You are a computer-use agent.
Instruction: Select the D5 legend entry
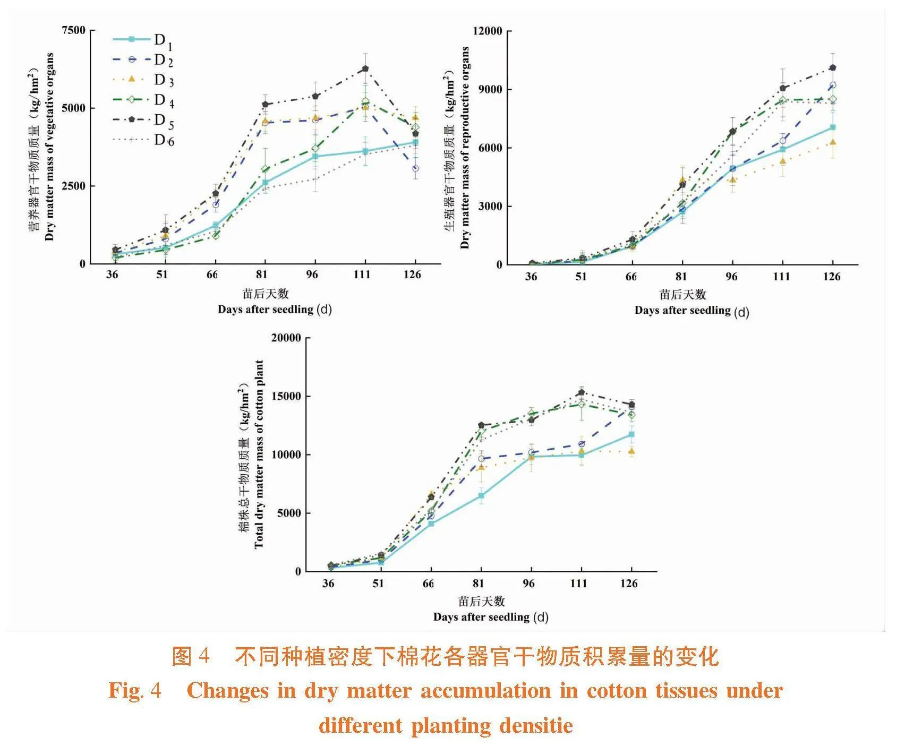143,121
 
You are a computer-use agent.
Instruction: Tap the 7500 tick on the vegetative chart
74,30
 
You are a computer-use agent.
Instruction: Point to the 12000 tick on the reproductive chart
488,31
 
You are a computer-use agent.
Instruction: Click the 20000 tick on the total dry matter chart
286,338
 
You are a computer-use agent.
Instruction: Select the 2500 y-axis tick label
74,186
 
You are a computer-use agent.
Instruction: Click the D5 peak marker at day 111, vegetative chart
365,69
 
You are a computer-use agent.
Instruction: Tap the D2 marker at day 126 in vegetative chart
415,168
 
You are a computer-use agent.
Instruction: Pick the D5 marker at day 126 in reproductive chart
833,67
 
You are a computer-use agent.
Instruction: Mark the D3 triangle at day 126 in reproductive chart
833,142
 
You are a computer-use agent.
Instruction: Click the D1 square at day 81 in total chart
481,495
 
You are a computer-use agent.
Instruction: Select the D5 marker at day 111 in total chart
582,392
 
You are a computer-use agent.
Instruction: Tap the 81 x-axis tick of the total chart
479,584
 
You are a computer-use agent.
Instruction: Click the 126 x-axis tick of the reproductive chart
832,277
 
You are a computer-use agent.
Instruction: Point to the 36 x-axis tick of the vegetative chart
112,275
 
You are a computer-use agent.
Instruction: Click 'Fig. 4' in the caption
135,691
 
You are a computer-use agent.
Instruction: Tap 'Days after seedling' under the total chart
481,617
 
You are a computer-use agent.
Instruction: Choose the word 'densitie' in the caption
536,726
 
